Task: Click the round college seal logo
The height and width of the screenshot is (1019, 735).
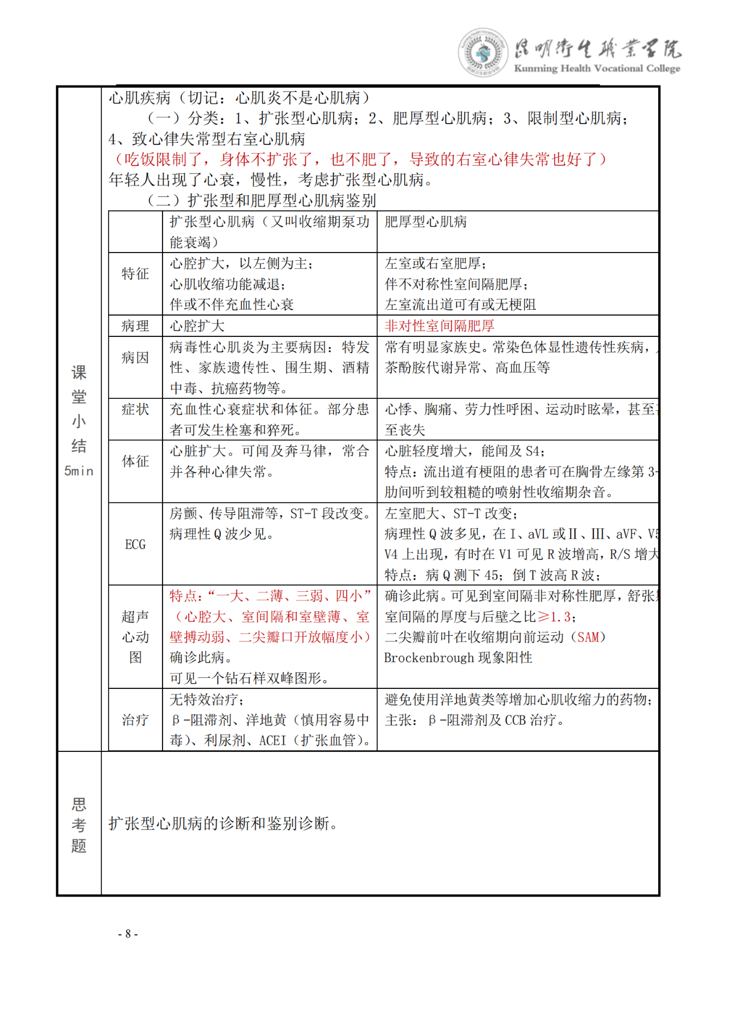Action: coord(482,53)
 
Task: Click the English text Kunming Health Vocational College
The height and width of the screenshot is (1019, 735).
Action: coord(597,68)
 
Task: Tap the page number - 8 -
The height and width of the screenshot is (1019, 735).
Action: coord(128,933)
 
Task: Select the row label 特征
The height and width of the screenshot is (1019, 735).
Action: coord(135,273)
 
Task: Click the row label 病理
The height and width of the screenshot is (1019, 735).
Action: coord(135,326)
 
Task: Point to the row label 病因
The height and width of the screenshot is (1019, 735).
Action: coord(135,358)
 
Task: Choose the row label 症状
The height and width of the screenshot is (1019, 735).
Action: coord(135,410)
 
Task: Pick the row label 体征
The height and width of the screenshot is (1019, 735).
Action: coord(135,461)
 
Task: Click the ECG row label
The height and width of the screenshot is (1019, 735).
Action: coord(135,544)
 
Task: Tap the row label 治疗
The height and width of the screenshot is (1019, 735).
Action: coord(135,720)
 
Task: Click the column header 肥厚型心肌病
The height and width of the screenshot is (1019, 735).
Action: coord(426,222)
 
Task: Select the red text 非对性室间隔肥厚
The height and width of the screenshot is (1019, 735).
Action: coord(439,326)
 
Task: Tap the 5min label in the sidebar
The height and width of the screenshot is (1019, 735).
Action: coord(79,471)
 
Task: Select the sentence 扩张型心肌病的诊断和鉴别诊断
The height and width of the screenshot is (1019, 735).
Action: coord(223,823)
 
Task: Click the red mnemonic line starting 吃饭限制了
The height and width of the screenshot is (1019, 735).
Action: coord(357,160)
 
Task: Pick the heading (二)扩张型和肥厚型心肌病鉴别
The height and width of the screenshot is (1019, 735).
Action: coord(262,201)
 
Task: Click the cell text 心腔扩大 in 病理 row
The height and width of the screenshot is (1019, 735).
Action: coord(197,326)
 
